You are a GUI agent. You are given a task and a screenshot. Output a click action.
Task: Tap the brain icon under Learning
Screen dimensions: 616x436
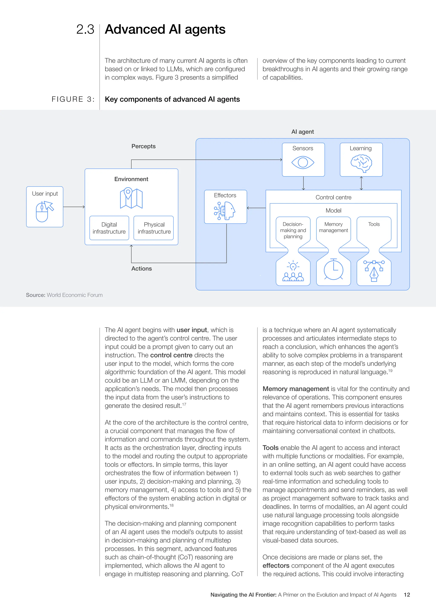pos(361,163)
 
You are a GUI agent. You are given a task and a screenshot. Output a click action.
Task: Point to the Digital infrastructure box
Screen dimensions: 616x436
pos(109,228)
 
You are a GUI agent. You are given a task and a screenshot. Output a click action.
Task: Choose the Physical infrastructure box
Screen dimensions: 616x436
pos(154,228)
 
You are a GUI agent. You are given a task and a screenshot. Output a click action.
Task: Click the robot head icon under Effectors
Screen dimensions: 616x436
pos(225,211)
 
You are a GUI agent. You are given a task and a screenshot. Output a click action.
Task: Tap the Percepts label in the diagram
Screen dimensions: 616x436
pos(143,146)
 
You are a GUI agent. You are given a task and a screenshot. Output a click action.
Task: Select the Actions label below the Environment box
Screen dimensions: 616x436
pos(142,269)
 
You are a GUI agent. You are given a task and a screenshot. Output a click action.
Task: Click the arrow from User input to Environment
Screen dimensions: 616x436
pos(74,207)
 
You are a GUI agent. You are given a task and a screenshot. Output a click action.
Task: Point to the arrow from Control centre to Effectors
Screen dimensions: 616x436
pos(256,208)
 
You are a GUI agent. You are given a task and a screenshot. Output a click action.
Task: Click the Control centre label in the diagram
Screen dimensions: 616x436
pos(333,197)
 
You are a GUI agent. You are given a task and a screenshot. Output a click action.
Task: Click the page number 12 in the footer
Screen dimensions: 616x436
pos(407,595)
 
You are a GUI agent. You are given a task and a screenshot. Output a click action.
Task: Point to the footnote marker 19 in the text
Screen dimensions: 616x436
pos(390,371)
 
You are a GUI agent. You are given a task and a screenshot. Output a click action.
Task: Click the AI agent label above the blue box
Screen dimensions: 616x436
pos(303,132)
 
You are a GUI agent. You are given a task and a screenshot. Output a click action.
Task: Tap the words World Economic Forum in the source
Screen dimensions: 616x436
pos(75,295)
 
